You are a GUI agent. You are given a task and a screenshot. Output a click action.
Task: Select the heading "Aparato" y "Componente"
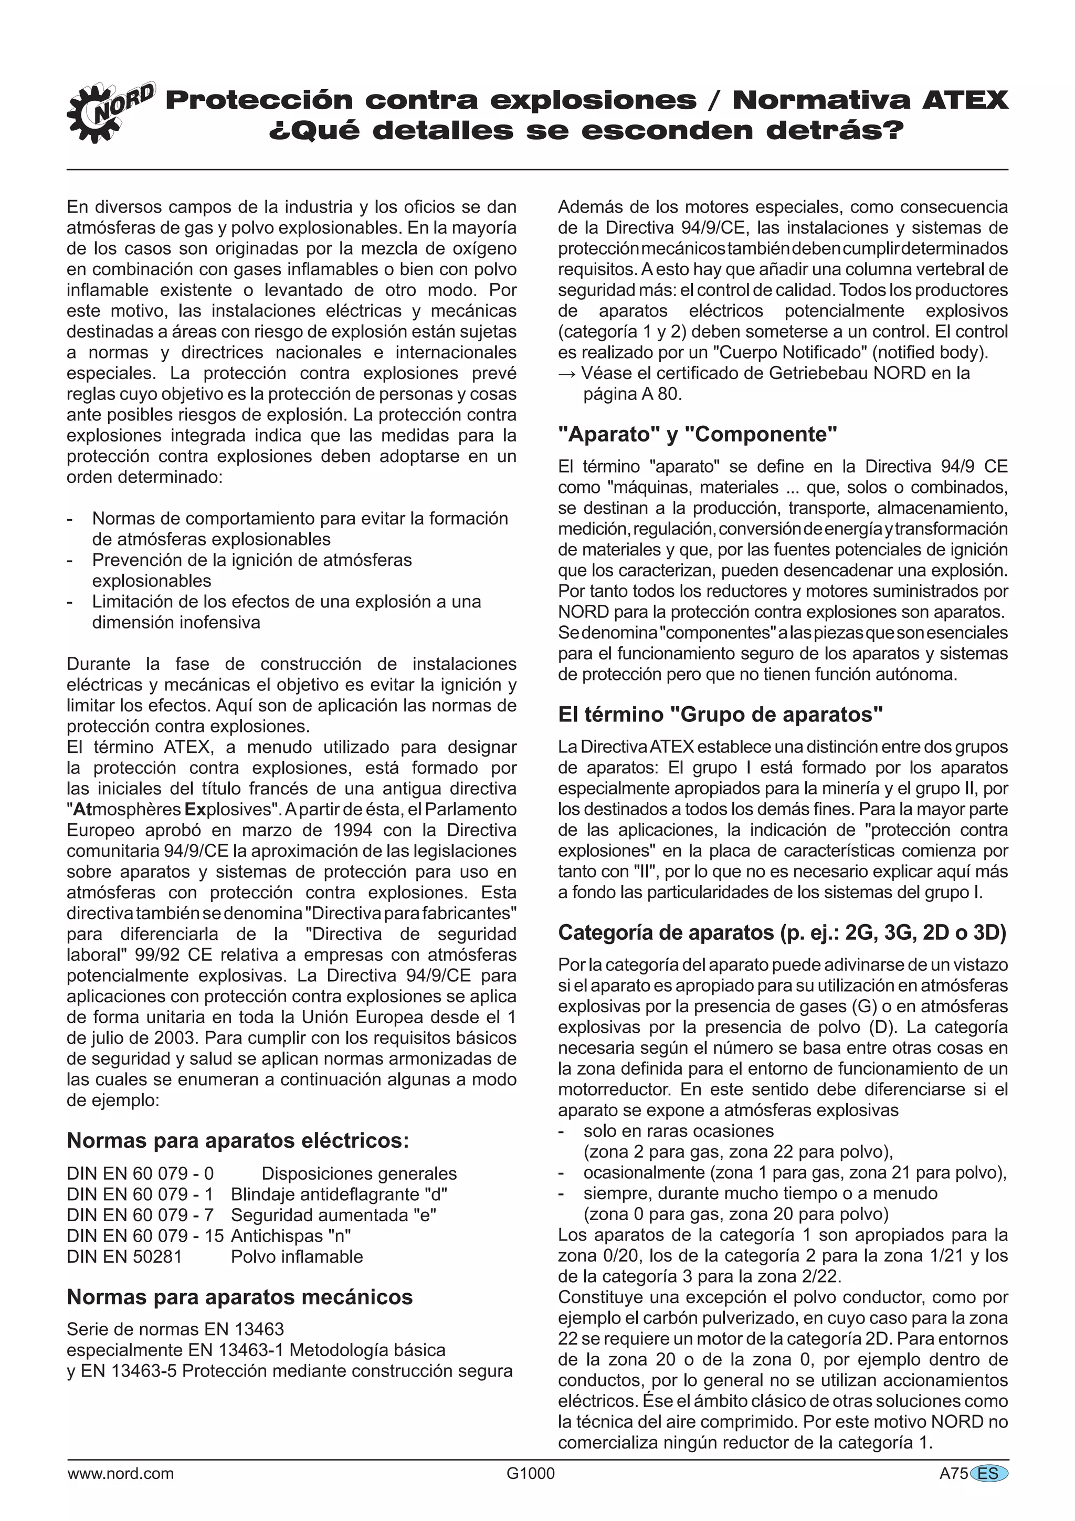(x=698, y=435)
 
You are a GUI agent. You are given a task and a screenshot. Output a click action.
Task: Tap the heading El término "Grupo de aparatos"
(x=721, y=715)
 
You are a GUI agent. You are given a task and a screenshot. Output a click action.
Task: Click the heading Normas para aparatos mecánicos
(x=239, y=1296)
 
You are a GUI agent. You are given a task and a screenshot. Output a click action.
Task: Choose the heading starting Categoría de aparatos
(x=782, y=933)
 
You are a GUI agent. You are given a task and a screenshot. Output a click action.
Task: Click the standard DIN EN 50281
(x=124, y=1257)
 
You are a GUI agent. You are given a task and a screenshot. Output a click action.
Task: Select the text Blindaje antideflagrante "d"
(x=339, y=1195)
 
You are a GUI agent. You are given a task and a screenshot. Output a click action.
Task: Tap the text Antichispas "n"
(x=291, y=1236)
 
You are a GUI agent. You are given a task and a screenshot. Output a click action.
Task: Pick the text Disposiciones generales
(x=359, y=1174)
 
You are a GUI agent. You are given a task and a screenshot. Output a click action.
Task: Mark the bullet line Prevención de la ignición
(x=252, y=560)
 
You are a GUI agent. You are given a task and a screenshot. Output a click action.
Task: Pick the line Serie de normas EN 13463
(x=175, y=1329)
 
